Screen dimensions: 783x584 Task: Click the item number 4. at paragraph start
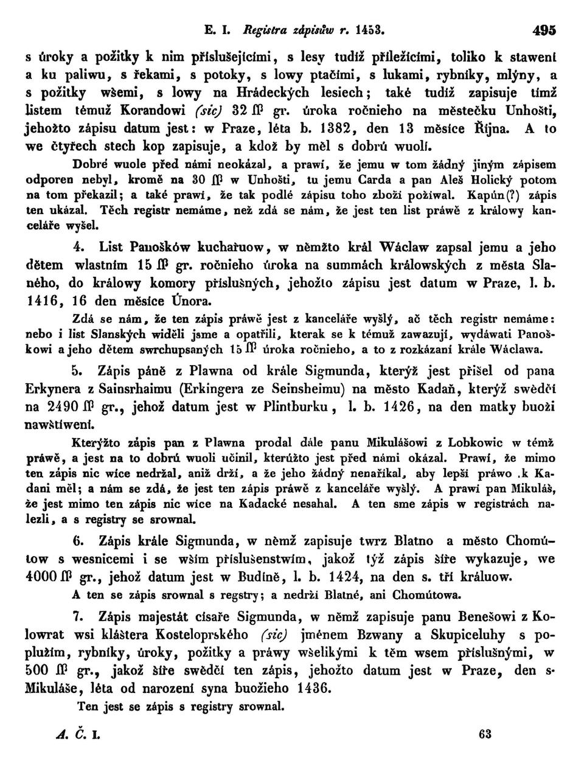78,247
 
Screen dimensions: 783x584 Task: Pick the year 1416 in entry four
42,300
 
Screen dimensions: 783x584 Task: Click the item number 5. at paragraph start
77,371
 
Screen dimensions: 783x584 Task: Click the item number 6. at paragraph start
77,541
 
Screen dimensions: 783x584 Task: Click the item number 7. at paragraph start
77,617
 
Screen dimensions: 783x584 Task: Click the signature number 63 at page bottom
485,734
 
